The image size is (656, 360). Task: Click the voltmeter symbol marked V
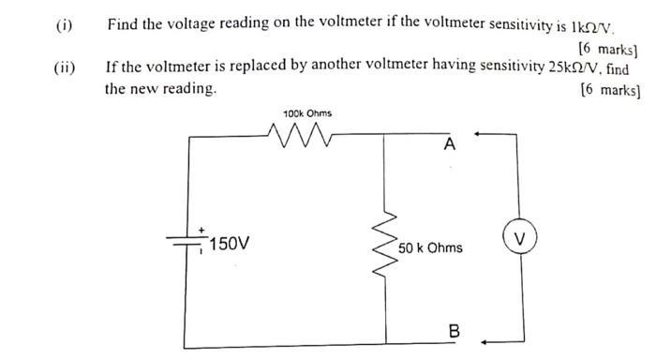tap(519, 234)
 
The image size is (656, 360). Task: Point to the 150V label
tap(231, 245)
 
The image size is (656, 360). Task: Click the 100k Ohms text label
tap(306, 114)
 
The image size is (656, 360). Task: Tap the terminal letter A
tap(450, 144)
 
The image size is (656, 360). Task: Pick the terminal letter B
tap(455, 331)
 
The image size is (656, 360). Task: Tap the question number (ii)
tap(65, 67)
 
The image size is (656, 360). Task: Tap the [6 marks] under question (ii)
tap(610, 90)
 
